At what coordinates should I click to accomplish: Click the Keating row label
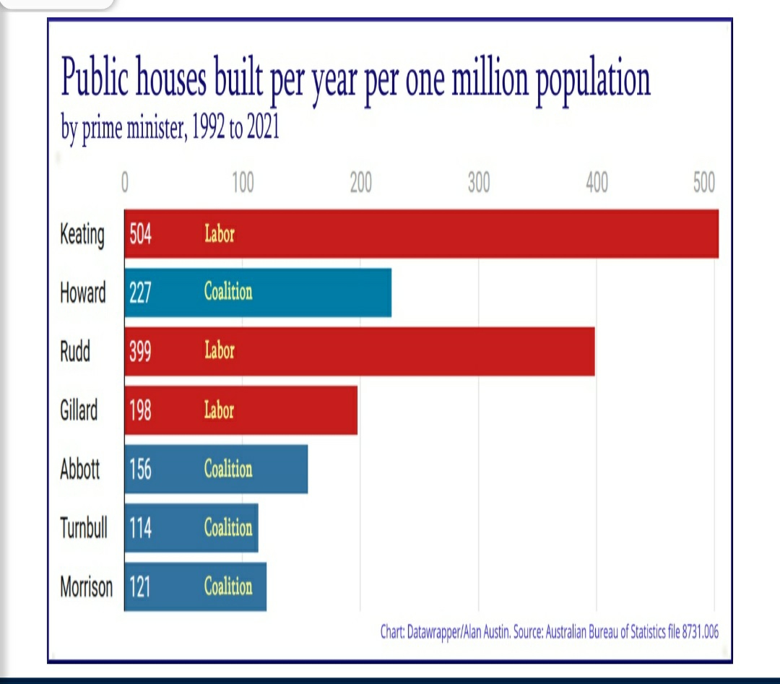pyautogui.click(x=82, y=235)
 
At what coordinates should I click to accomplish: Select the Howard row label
pyautogui.click(x=82, y=293)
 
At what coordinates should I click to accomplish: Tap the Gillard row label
pyautogui.click(x=79, y=411)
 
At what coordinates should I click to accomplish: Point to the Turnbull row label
pyautogui.click(x=83, y=528)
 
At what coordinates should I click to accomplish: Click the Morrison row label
pyautogui.click(x=86, y=587)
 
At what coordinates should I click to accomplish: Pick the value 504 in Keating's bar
pyautogui.click(x=140, y=235)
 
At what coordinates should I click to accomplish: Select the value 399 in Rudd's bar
pyautogui.click(x=140, y=352)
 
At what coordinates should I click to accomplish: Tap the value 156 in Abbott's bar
pyautogui.click(x=140, y=469)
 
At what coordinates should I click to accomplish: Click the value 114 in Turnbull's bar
pyautogui.click(x=140, y=528)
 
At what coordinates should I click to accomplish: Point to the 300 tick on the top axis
pyautogui.click(x=478, y=184)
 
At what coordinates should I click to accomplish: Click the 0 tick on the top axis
pyautogui.click(x=125, y=184)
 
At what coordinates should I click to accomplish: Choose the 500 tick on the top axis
pyautogui.click(x=703, y=184)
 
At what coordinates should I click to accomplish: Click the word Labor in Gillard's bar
pyautogui.click(x=220, y=411)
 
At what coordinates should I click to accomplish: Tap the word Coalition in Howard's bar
pyautogui.click(x=228, y=293)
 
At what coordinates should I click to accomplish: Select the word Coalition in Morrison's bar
pyautogui.click(x=228, y=586)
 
